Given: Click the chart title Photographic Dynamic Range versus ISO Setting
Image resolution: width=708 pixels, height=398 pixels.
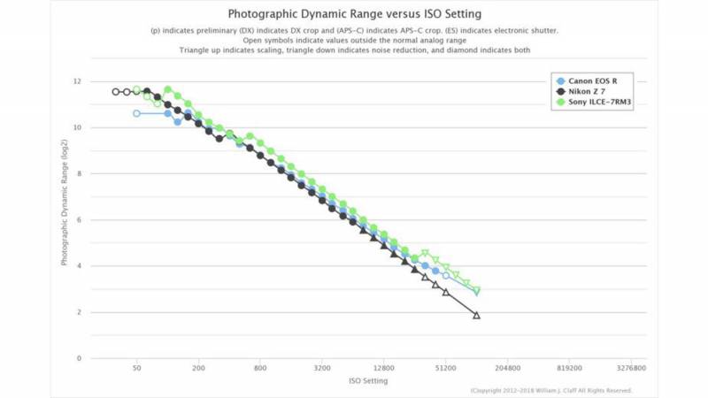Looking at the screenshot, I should tap(353, 14).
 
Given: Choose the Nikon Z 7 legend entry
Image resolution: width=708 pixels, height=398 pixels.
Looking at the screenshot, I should tap(585, 92).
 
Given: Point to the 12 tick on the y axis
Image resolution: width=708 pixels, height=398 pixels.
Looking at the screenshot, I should tap(78, 81).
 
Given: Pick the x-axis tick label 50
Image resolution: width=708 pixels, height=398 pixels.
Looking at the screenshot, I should tap(136, 368).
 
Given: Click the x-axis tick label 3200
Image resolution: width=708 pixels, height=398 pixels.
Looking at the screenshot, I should tap(322, 368).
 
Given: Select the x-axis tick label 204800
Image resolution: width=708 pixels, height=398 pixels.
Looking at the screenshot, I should tap(507, 368).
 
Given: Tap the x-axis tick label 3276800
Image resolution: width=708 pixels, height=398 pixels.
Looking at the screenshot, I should tap(630, 368).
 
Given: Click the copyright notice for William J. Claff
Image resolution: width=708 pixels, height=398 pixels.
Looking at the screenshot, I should tap(551, 390).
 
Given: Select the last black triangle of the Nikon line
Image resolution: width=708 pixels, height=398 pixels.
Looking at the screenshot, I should tap(476, 315).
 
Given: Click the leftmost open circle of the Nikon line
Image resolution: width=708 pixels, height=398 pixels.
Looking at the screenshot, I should tap(116, 91).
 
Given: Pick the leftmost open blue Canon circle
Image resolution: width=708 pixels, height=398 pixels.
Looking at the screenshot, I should tap(136, 113).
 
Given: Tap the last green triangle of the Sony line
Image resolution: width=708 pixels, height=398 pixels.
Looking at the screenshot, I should tap(476, 291).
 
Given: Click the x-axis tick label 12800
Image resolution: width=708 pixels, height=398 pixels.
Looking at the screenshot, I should tap(383, 368).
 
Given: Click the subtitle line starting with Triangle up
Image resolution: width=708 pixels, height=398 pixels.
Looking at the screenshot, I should tap(353, 50).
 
